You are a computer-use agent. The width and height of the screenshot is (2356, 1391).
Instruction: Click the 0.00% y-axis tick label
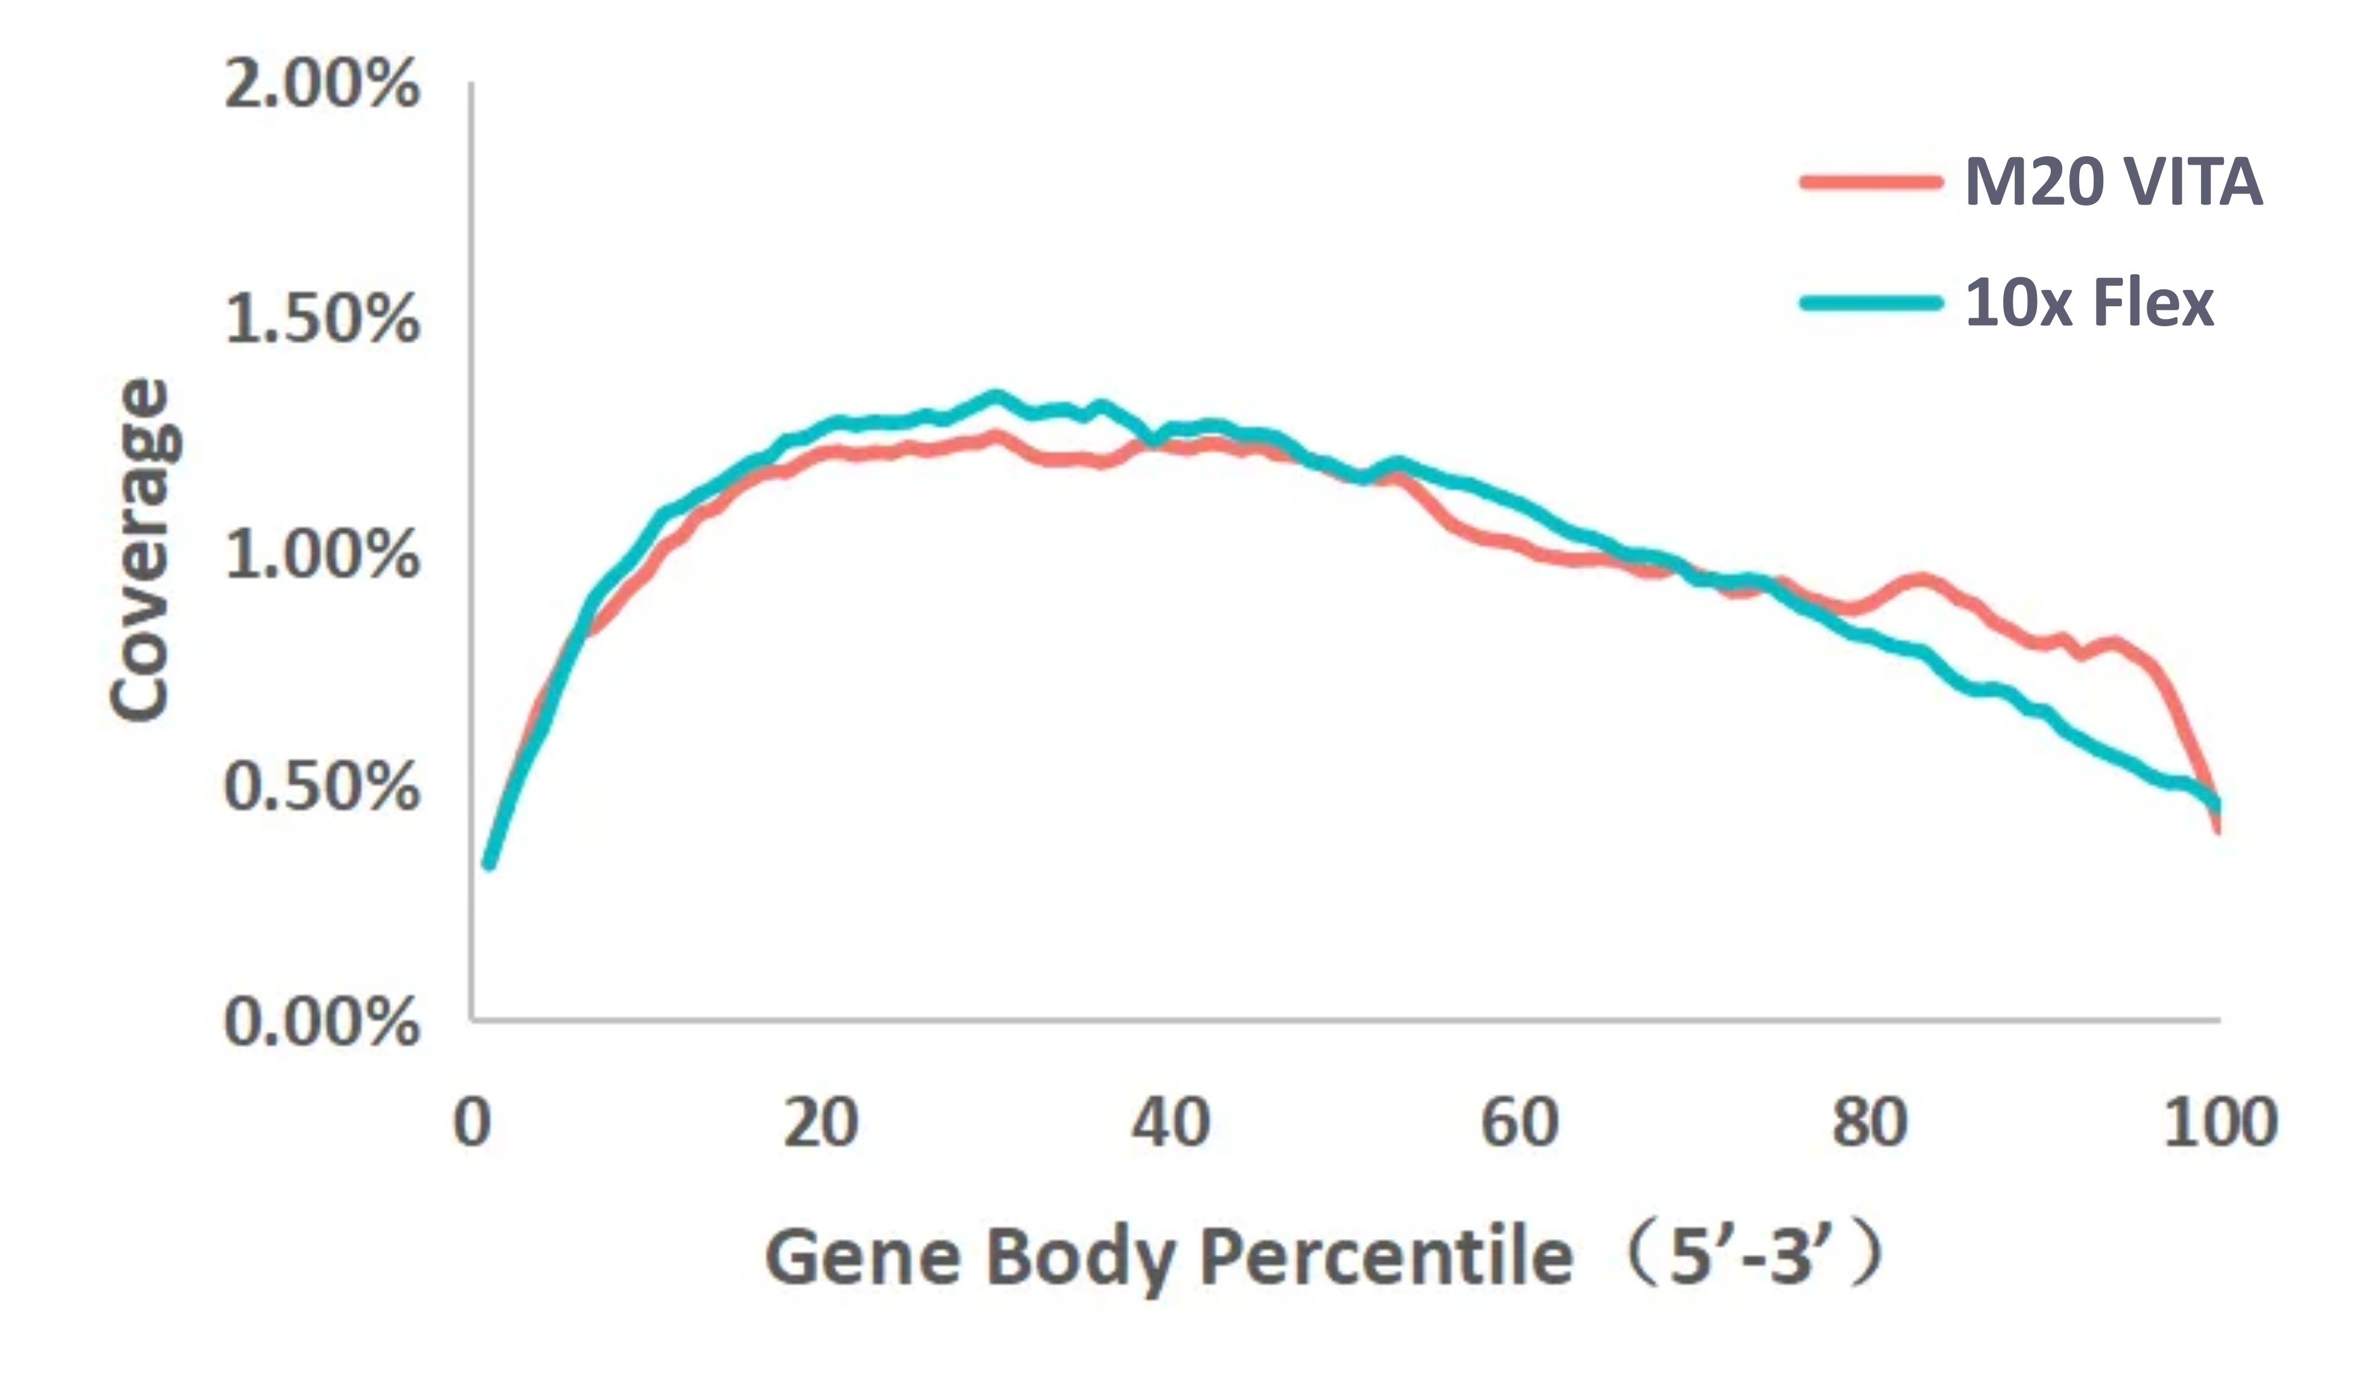click(x=321, y=1021)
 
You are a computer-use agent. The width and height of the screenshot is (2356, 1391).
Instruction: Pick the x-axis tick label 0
click(x=472, y=1123)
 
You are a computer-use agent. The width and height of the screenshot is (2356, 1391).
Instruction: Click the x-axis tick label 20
click(x=822, y=1123)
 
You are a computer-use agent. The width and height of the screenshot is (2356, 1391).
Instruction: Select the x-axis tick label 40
click(x=1171, y=1123)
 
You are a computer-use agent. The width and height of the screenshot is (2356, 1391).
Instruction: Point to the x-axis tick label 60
click(x=1520, y=1123)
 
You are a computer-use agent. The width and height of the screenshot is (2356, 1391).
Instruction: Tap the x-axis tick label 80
click(x=1869, y=1123)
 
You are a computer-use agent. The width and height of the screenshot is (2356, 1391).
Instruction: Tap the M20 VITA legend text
click(x=2113, y=182)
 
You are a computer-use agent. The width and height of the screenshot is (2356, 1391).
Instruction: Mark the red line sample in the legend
click(x=1869, y=182)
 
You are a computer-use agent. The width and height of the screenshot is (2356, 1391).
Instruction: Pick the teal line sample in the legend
click(x=1869, y=303)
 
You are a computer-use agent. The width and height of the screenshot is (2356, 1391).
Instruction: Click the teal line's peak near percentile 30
click(x=996, y=397)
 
